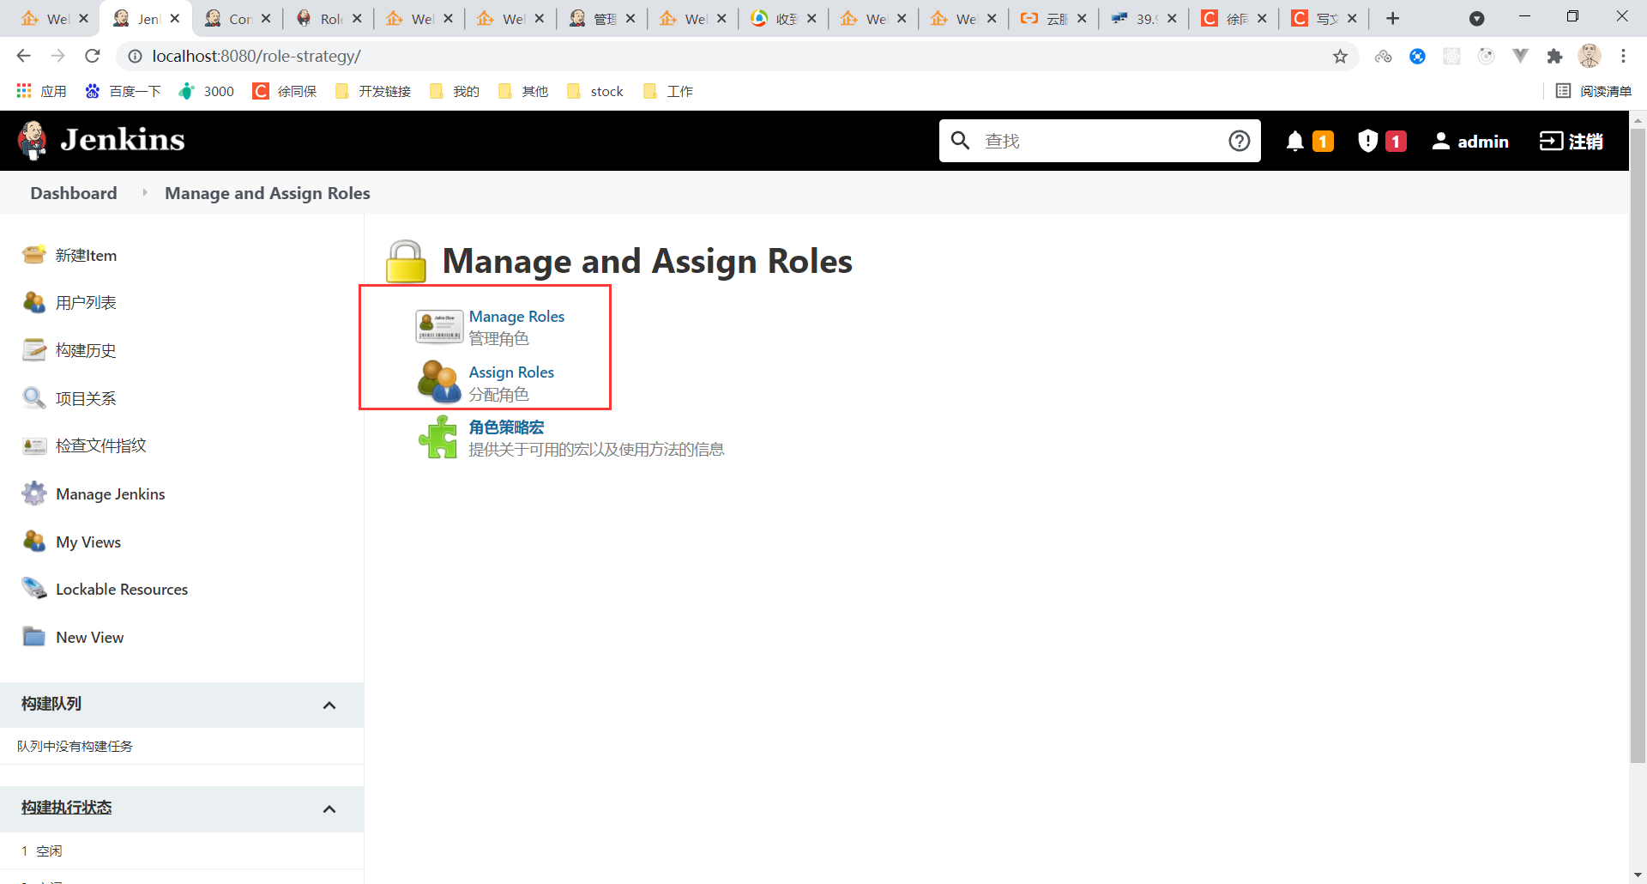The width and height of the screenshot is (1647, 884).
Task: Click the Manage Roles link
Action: (x=516, y=317)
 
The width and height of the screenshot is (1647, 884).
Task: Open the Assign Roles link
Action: (x=511, y=372)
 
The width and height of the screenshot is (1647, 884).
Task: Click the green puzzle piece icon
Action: (x=438, y=438)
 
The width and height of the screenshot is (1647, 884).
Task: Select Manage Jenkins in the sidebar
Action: (x=110, y=494)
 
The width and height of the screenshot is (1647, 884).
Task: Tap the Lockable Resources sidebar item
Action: (x=121, y=590)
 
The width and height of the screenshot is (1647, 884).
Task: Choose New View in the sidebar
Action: (x=89, y=638)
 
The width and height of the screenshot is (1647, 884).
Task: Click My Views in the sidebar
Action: (x=87, y=542)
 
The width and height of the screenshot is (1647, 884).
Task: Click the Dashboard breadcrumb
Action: (x=74, y=193)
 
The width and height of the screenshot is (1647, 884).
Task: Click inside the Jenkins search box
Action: (x=1098, y=141)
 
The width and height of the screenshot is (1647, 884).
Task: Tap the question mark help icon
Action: (x=1239, y=141)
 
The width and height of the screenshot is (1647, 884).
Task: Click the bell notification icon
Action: (x=1294, y=141)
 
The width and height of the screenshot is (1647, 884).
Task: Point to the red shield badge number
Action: (x=1396, y=141)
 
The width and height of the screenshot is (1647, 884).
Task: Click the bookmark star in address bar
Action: (x=1340, y=57)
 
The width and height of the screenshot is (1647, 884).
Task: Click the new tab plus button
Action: (x=1392, y=18)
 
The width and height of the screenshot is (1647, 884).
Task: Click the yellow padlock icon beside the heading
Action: (x=406, y=262)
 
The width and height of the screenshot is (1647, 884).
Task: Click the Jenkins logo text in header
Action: (x=123, y=140)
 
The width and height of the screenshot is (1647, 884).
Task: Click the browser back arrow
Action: (x=23, y=56)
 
